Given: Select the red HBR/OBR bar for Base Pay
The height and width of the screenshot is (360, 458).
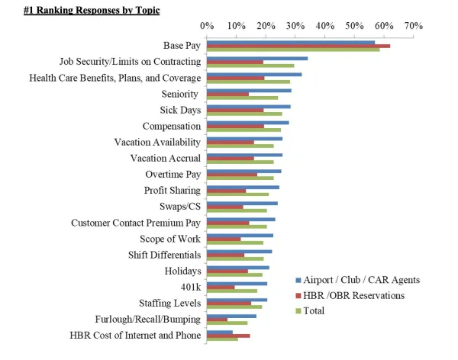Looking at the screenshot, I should click(298, 46).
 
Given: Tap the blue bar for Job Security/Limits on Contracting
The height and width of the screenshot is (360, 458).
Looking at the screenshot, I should click(257, 58).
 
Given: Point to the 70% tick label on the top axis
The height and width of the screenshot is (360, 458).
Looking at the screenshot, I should click(413, 26).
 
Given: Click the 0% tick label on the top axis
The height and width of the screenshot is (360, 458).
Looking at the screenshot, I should click(207, 26).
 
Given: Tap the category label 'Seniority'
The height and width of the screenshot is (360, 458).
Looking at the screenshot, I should click(181, 94).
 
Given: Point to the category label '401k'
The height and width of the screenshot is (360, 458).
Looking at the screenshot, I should click(190, 287).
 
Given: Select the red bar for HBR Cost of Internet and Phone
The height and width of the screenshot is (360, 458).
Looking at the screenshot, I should click(228, 336).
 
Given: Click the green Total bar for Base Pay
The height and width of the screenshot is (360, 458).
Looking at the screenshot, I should click(293, 50).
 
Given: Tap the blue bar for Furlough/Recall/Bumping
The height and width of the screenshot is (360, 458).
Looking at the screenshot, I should click(232, 315).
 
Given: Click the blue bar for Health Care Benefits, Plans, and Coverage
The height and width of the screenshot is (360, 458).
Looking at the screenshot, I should click(254, 74).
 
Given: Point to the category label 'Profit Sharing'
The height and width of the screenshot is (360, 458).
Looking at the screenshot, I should click(173, 190).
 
